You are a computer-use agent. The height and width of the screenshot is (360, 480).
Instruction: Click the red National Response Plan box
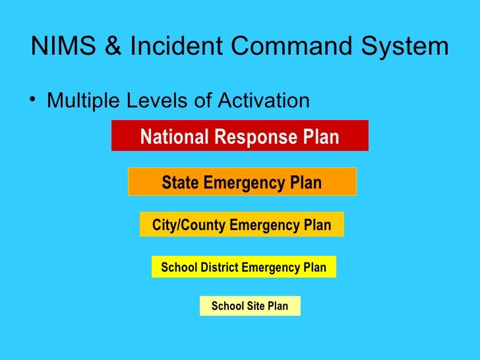click(x=239, y=136)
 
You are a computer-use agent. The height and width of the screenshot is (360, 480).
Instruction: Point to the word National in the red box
click(x=173, y=137)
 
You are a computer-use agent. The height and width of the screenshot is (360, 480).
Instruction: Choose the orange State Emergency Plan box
click(x=241, y=181)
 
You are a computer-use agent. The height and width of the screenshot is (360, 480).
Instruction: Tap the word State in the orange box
click(x=180, y=183)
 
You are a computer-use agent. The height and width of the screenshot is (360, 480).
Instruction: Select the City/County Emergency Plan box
click(x=241, y=224)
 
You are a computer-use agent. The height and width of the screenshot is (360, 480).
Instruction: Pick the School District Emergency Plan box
click(x=243, y=267)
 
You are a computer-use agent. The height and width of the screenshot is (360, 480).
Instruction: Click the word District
click(x=216, y=268)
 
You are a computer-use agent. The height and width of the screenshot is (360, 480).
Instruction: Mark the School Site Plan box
click(x=249, y=306)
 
